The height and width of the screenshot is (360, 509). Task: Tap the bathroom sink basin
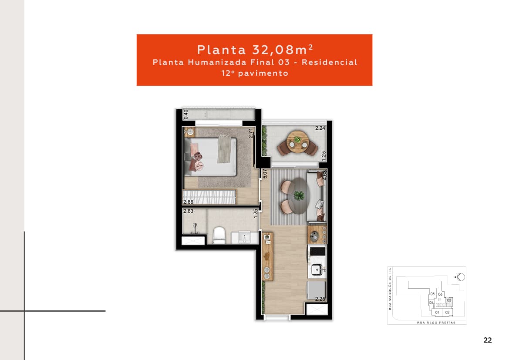click(244, 238)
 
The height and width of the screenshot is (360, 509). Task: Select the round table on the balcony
click(297, 141)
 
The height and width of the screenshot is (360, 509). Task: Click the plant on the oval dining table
click(299, 195)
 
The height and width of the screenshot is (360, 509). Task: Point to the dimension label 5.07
click(264, 174)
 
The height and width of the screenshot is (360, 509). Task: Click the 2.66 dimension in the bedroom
click(188, 202)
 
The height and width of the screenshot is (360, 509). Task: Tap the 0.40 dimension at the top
click(186, 114)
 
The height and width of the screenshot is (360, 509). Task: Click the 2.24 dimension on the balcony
click(320, 128)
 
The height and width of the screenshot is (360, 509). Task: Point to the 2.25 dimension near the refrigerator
click(320, 299)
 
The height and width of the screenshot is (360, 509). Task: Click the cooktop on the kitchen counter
click(317, 251)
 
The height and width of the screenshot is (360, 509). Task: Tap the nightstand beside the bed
click(190, 131)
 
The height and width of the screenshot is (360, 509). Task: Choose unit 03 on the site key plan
click(449, 300)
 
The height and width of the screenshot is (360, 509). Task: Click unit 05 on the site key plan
click(432, 294)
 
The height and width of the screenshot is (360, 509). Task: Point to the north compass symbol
click(460, 276)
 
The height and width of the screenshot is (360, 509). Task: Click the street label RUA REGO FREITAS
click(436, 323)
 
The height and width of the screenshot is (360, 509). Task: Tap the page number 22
click(488, 340)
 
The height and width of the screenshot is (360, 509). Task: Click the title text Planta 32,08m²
click(254, 48)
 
